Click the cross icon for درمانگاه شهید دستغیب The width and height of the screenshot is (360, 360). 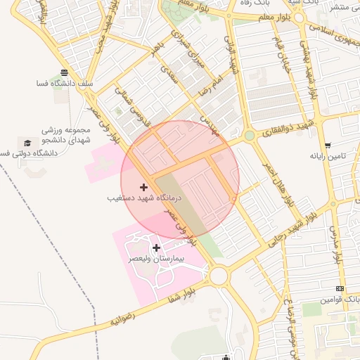point(144,187)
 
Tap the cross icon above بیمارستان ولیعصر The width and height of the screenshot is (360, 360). point(155,247)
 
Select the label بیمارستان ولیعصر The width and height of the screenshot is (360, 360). point(155,259)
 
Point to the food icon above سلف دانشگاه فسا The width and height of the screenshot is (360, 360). point(65,72)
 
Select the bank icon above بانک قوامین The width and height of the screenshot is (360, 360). point(340,288)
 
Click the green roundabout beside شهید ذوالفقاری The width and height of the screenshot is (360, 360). point(249,135)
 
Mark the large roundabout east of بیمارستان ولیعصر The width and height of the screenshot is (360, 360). point(219,276)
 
